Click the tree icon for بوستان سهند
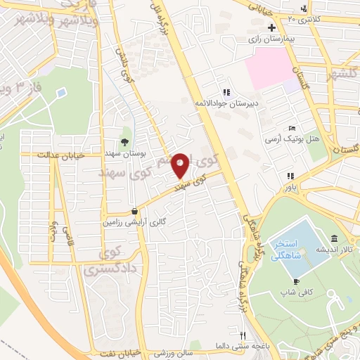[x=124, y=141]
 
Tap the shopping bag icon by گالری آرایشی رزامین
[x=134, y=210]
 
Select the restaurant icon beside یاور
[x=289, y=176]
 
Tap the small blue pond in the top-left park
[x=60, y=92]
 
